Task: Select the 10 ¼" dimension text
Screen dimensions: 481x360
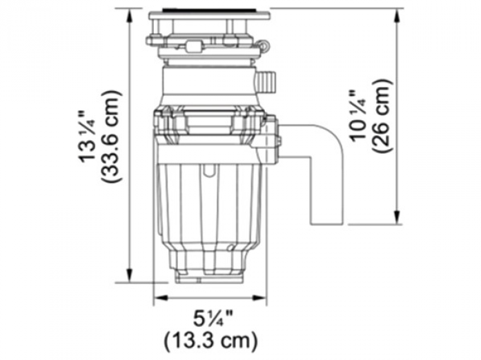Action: pos(360,116)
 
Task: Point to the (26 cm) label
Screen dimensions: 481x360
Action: pos(382,116)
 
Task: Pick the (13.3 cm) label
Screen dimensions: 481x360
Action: pos(211,341)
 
